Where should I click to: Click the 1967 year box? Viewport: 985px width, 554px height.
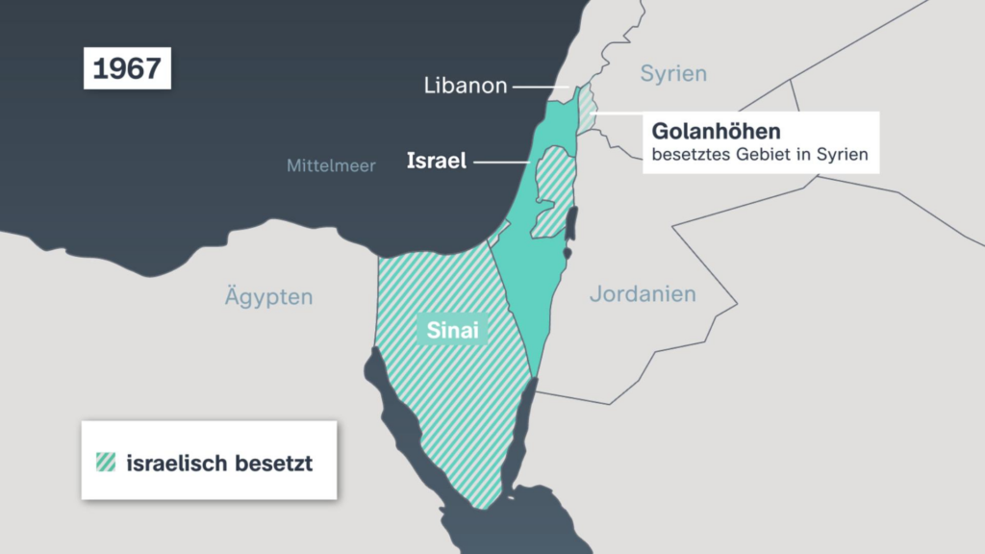[x=127, y=69]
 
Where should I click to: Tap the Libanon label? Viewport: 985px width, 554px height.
[x=466, y=86]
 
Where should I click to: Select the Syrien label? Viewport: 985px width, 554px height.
[x=673, y=73]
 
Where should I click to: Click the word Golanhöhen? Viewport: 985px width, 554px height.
[x=716, y=131]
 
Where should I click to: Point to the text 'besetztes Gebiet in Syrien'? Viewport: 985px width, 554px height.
[x=760, y=154]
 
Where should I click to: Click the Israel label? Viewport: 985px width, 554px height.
[x=437, y=161]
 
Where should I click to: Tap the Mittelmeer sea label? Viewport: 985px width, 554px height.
[x=331, y=165]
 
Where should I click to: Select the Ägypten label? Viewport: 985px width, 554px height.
[x=269, y=295]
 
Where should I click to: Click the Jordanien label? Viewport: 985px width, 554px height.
[x=643, y=293]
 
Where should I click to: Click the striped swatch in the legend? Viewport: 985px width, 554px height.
[x=105, y=462]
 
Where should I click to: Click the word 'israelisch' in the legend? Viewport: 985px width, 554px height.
[x=177, y=463]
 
